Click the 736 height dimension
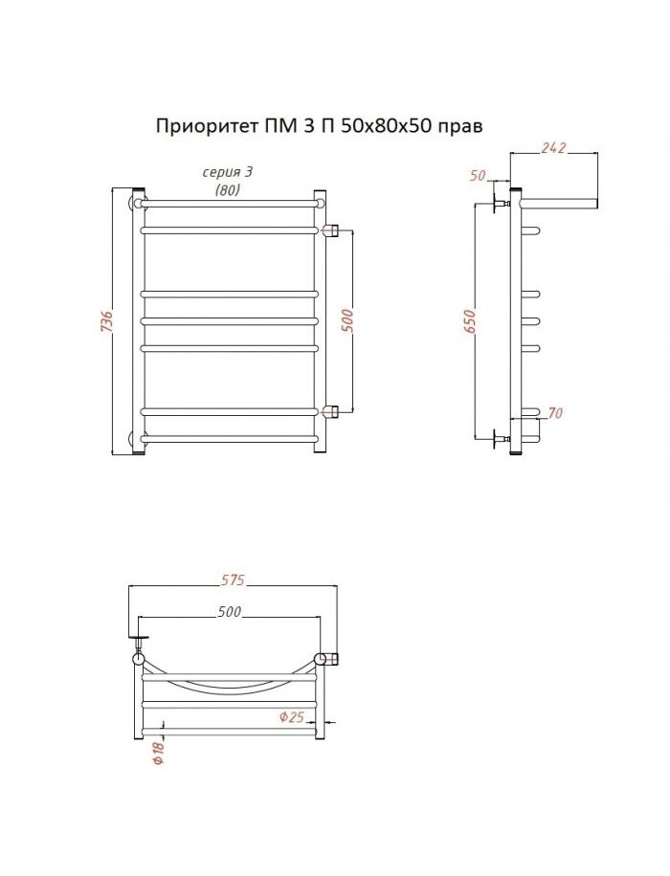click(x=107, y=320)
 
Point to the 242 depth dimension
click(x=553, y=148)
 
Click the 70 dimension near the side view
click(x=555, y=413)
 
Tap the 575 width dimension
click(x=233, y=580)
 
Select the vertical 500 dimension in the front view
click(x=347, y=320)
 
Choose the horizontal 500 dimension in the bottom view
click(x=230, y=612)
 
